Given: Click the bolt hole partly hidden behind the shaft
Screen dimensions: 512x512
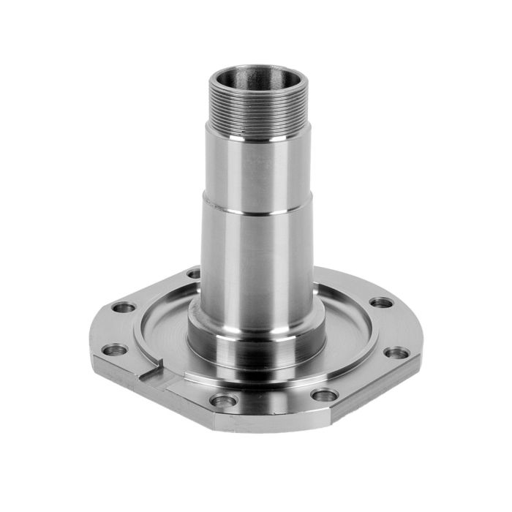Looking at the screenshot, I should click(x=194, y=274).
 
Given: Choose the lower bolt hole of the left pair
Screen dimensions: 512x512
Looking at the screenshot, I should click(x=112, y=350).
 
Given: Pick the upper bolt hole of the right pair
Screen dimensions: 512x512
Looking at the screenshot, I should click(x=381, y=302).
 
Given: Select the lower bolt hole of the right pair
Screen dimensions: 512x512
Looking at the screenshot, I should click(x=396, y=353).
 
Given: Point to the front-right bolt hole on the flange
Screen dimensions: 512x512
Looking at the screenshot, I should click(x=323, y=396).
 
